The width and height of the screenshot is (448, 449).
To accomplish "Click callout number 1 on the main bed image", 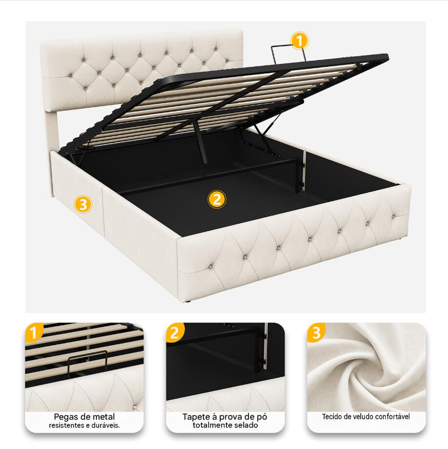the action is tap(300, 41).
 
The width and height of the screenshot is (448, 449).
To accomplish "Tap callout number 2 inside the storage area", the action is tap(217, 199).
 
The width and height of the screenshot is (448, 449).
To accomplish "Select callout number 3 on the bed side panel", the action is tap(83, 204).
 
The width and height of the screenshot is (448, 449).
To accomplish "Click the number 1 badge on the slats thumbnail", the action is tap(34, 332).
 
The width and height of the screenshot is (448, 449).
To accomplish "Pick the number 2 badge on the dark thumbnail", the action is tap(175, 332).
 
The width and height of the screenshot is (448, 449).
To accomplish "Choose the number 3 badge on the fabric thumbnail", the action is tap(316, 332).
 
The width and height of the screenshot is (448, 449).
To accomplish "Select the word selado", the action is tap(247, 425).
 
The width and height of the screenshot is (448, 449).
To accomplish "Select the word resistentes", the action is tap(65, 426).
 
